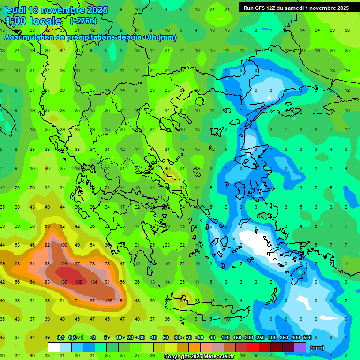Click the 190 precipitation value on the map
tap(79, 282)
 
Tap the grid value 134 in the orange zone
tap(94, 282)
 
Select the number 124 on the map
tap(64, 264)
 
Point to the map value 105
tap(108, 300)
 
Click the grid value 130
tap(64, 282)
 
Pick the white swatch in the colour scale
tap(54, 347)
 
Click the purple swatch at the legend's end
tap(300, 347)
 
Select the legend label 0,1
tap(60, 337)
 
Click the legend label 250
tap(260, 337)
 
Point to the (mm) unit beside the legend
tap(317, 348)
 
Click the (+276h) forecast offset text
tap(83, 21)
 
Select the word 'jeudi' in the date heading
tap(15, 10)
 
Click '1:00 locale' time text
tap(33, 21)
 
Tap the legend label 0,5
tap(72, 337)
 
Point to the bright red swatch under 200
tap(253, 347)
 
